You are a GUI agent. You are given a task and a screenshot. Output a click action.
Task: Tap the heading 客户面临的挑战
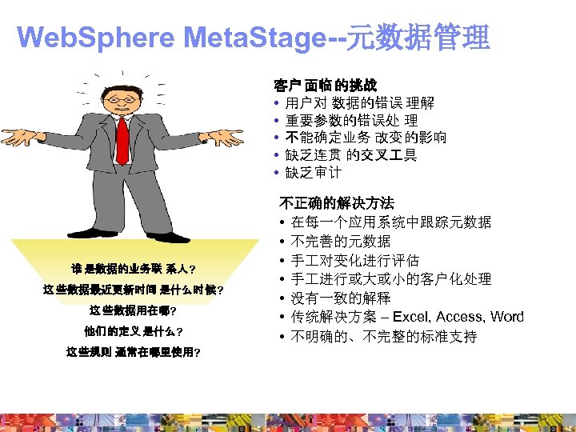(325, 84)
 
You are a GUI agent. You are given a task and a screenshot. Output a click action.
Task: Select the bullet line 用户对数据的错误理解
(360, 102)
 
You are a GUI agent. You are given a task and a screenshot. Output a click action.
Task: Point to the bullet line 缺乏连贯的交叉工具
(351, 155)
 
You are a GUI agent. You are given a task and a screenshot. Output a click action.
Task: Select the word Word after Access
(507, 317)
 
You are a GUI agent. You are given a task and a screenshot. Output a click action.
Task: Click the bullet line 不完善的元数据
(341, 241)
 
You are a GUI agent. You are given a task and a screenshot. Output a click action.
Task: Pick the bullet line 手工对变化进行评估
(354, 260)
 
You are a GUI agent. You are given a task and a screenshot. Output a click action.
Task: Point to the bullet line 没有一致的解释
(341, 298)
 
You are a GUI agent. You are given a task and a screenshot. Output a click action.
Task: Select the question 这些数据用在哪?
(132, 310)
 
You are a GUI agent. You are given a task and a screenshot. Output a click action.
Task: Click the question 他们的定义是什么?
(132, 331)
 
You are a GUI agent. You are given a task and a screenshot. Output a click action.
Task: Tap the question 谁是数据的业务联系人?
(132, 268)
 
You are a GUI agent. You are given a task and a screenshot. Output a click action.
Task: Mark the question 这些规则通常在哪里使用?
(132, 352)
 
